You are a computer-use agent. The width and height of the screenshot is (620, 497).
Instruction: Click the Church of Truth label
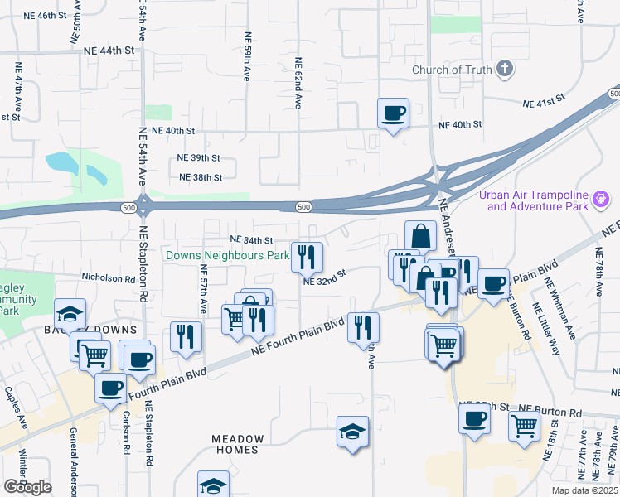(452, 70)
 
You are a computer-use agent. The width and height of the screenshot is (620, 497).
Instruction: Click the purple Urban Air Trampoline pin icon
(603, 199)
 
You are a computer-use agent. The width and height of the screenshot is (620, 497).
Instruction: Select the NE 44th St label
(109, 51)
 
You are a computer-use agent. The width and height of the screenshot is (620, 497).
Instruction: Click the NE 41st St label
(543, 104)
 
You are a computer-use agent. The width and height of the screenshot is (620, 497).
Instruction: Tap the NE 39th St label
(198, 157)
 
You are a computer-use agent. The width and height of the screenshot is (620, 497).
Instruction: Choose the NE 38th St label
(201, 177)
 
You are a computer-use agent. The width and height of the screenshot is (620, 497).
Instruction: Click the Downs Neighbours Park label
(227, 256)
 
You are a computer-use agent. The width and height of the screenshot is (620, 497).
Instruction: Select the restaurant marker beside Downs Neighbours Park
(308, 258)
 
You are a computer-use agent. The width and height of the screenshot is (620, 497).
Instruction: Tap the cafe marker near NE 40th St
(393, 113)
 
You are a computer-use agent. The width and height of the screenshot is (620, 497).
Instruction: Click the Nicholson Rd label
(108, 279)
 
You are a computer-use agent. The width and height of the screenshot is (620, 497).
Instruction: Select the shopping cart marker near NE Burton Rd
(525, 425)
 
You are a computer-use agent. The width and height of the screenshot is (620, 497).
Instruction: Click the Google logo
(27, 488)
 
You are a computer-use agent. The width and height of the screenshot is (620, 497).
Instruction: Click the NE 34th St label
(251, 240)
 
